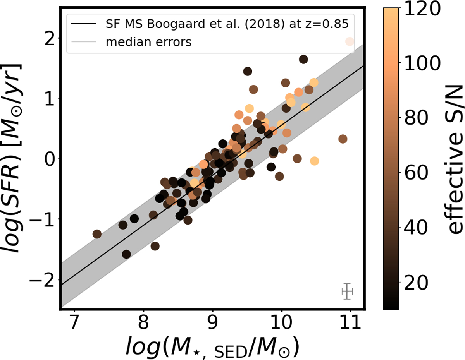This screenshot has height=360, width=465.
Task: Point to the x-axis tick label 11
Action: [x=350, y=322]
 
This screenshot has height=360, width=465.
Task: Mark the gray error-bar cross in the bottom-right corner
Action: [x=347, y=291]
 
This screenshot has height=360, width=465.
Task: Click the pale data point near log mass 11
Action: [x=350, y=41]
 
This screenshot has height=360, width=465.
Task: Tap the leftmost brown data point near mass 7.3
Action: [x=97, y=234]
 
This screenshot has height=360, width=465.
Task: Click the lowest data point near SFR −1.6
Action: [x=126, y=254]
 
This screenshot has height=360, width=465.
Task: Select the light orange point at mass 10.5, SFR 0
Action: [x=314, y=161]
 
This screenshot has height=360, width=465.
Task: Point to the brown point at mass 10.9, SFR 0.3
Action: [x=343, y=139]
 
